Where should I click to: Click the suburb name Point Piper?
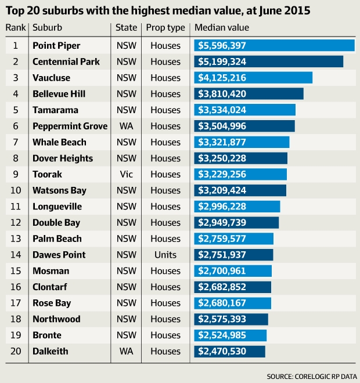(56, 45)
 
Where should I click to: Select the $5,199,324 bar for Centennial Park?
(268, 62)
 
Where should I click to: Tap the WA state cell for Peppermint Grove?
(126, 126)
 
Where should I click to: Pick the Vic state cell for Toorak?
(126, 174)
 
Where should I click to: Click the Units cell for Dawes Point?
(165, 255)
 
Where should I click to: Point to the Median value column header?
(222, 28)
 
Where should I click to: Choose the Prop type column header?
(165, 28)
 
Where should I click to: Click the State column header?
(126, 28)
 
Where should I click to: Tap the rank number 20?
(16, 351)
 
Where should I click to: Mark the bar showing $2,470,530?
(229, 351)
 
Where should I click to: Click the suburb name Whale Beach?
(59, 142)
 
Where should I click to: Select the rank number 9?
(16, 174)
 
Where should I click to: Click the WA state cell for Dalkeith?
(126, 351)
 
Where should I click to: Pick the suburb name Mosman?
(51, 271)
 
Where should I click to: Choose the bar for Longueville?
(237, 207)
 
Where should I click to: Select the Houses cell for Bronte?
(165, 335)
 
